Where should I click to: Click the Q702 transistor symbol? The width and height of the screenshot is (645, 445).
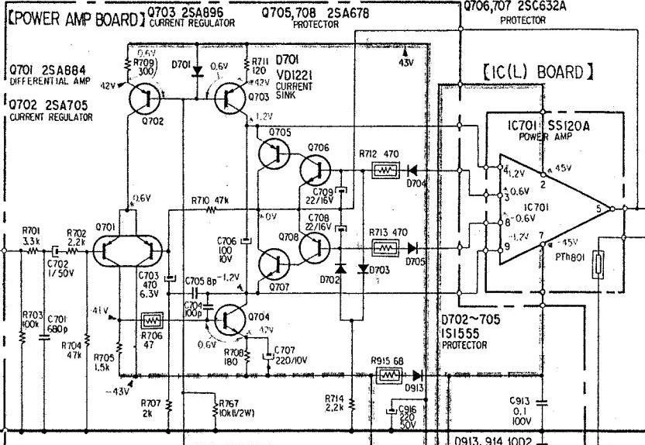[x=143, y=99]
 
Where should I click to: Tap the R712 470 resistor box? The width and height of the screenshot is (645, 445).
[x=385, y=170]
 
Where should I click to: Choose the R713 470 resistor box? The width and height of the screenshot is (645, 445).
[x=385, y=247]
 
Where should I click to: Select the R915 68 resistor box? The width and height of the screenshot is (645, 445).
[x=387, y=375]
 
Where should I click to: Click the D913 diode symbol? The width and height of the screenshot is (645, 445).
[x=419, y=375]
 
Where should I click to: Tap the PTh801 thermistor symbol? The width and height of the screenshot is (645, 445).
[x=598, y=264]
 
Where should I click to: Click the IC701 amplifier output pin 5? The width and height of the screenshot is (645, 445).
[x=612, y=209]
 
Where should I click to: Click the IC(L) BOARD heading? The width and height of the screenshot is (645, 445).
[x=538, y=73]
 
